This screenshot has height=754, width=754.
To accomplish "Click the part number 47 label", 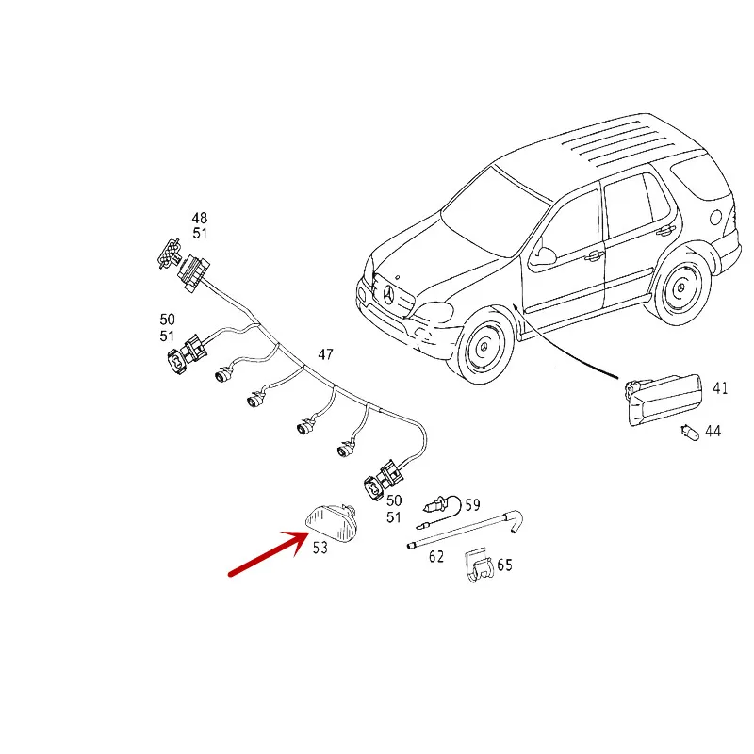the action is point(325,354).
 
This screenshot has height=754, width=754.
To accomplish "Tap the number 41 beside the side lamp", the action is point(720,388).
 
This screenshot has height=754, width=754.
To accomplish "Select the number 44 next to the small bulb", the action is point(713,431).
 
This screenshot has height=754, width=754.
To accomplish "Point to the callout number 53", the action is point(320,548).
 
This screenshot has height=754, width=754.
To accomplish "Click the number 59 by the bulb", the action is point(473,505).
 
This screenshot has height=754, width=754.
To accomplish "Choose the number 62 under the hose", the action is point(436,556).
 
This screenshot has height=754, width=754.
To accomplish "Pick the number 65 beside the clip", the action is point(504,565).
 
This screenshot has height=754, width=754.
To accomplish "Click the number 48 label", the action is point(200,219).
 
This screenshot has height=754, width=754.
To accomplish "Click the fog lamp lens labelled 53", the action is point(331,523).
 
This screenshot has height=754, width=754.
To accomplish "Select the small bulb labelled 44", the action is point(690,433).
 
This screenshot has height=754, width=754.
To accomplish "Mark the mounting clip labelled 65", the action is point(479,565).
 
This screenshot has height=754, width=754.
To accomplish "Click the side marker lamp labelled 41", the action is point(664,400).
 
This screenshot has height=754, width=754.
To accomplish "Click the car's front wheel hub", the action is point(484,347).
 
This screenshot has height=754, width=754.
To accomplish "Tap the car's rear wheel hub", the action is point(680,288).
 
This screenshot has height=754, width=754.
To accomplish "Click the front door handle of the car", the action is point(595,255).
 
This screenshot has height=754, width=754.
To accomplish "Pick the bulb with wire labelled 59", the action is point(441,510).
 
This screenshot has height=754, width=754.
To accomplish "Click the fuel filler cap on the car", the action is point(716,218).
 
